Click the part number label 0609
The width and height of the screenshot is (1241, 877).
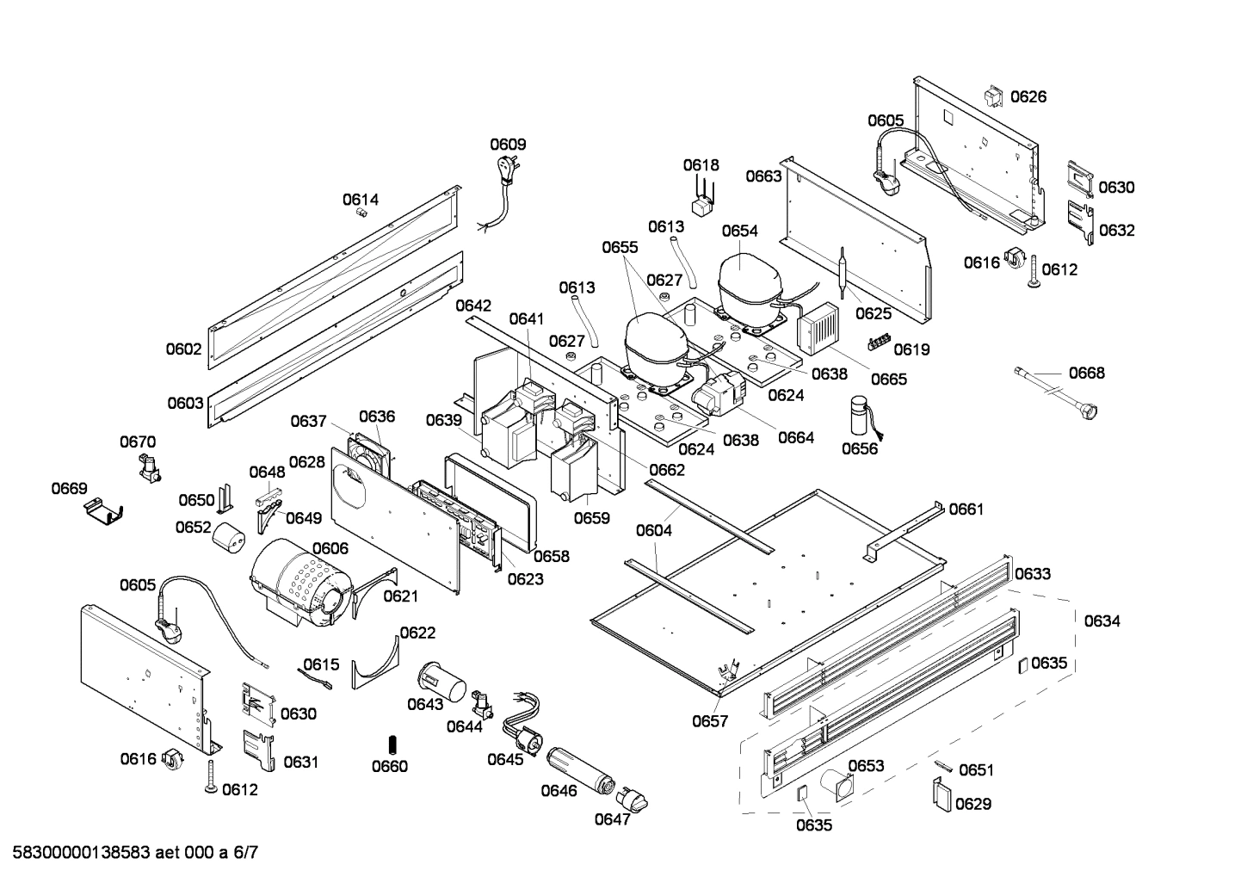coord(508,145)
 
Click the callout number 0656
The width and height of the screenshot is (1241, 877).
coord(859,448)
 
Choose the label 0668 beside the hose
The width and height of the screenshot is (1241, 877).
coord(1086,373)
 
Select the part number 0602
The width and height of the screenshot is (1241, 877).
coord(184,349)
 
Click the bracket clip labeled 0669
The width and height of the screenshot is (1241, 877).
coord(103,514)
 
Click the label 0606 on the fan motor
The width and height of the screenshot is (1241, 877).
coord(330,548)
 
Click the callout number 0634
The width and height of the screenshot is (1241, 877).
coord(1102,621)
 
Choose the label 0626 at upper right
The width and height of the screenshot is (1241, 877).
coord(1028,96)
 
